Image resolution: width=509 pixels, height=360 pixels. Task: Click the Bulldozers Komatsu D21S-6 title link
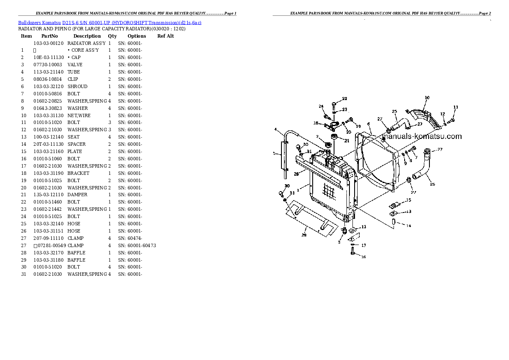pyautogui.click(x=109, y=22)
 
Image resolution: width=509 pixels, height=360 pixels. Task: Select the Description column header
pyautogui.click(x=87, y=36)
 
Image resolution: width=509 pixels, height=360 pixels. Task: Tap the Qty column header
pyautogui.click(x=112, y=36)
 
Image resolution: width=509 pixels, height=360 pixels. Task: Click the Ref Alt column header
pyautogui.click(x=166, y=36)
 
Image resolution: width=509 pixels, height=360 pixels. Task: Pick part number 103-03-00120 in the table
pyautogui.click(x=48, y=43)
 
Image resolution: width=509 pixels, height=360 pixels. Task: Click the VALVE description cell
pyautogui.click(x=75, y=65)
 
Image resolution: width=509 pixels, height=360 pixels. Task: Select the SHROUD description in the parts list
pyautogui.click(x=77, y=86)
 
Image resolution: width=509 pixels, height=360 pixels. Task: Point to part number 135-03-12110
pyautogui.click(x=48, y=195)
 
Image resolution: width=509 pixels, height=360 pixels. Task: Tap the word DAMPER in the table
pyautogui.click(x=77, y=195)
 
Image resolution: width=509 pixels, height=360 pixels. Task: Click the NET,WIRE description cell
pyautogui.click(x=79, y=115)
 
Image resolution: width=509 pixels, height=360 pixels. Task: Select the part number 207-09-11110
pyautogui.click(x=48, y=238)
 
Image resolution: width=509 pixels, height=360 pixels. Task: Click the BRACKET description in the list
pyautogui.click(x=78, y=173)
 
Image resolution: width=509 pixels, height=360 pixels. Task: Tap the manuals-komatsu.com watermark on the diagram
pyautogui.click(x=422, y=136)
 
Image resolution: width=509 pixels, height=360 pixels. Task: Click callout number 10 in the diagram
pyautogui.click(x=426, y=98)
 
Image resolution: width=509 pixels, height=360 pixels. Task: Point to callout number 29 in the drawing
pyautogui.click(x=304, y=235)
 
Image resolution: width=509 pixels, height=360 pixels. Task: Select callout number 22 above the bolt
pyautogui.click(x=345, y=99)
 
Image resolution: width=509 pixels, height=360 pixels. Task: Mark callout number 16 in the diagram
pyautogui.click(x=364, y=257)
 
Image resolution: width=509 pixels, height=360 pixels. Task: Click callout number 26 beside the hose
pyautogui.click(x=432, y=184)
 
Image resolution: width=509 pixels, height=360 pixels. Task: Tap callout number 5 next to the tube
pyautogui.click(x=274, y=153)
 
